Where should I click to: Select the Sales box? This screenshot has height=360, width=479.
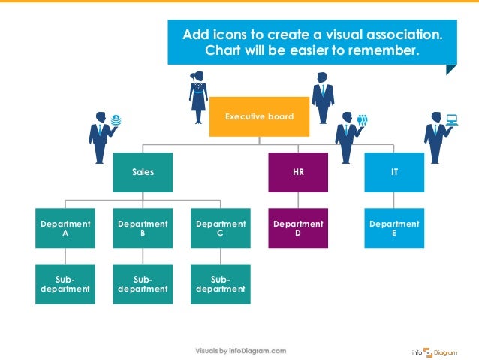(x=143, y=172)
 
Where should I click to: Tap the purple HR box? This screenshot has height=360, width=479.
(x=298, y=172)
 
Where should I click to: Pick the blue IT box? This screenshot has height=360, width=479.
(x=394, y=172)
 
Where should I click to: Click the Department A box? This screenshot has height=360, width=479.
(x=65, y=228)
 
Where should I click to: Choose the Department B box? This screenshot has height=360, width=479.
(x=143, y=228)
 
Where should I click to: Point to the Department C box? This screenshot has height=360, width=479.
(x=220, y=228)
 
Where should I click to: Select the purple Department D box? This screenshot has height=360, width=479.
(x=298, y=228)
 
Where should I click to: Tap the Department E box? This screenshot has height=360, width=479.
(x=394, y=228)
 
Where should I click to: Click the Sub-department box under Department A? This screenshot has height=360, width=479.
(x=65, y=284)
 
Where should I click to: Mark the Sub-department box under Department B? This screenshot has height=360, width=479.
(x=143, y=284)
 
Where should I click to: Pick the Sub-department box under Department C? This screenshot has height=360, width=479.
(x=220, y=284)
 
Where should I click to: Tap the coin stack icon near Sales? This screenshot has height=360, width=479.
(x=116, y=119)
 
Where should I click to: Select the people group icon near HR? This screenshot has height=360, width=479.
(x=363, y=119)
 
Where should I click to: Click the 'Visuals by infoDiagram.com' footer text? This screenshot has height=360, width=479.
(x=241, y=351)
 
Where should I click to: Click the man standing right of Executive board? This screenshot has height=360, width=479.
(x=323, y=98)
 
